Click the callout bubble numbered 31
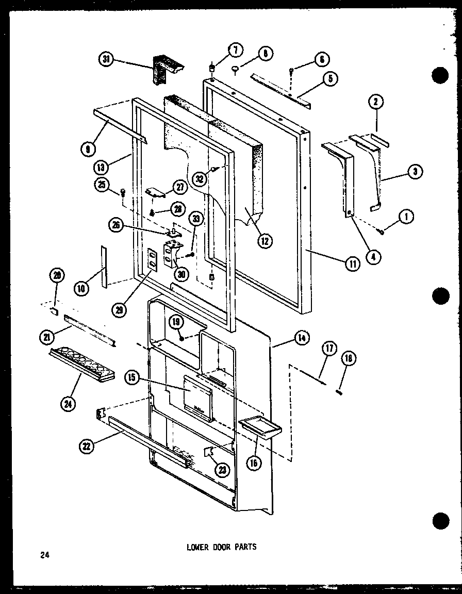(x=107, y=60)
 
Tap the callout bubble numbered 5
(x=329, y=79)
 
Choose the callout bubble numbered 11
(x=353, y=264)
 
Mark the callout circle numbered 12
(x=266, y=240)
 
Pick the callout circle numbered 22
(x=86, y=447)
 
